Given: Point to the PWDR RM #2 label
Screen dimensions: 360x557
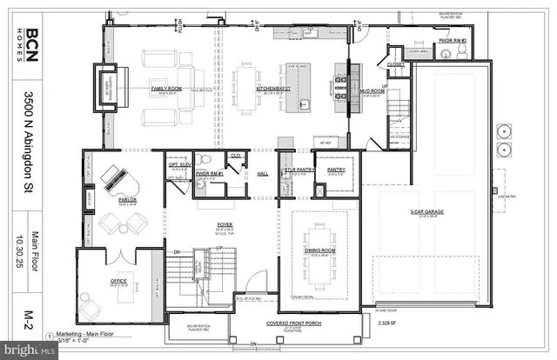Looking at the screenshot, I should (452, 40).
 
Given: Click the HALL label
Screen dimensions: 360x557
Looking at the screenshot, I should (262, 173).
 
